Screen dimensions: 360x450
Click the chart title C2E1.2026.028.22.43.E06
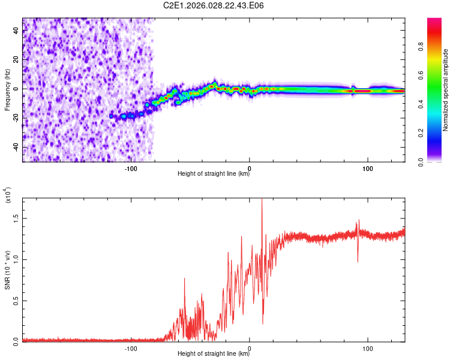(214, 6)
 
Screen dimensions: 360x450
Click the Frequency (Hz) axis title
(7, 90)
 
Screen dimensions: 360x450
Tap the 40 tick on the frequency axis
(17, 31)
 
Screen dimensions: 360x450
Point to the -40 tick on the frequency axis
(17, 147)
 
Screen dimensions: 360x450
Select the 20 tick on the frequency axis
(17, 59)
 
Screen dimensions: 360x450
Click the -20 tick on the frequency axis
(17, 118)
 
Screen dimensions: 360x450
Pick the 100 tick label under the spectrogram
(367, 168)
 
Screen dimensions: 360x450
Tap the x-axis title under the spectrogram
(214, 175)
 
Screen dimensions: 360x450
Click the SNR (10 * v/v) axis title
(7, 269)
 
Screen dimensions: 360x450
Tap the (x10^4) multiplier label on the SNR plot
(8, 195)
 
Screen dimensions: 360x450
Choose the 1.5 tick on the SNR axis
(17, 218)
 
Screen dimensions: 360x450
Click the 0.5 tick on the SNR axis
(17, 301)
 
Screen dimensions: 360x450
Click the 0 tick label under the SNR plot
(250, 347)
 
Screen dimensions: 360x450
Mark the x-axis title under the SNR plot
(214, 354)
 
